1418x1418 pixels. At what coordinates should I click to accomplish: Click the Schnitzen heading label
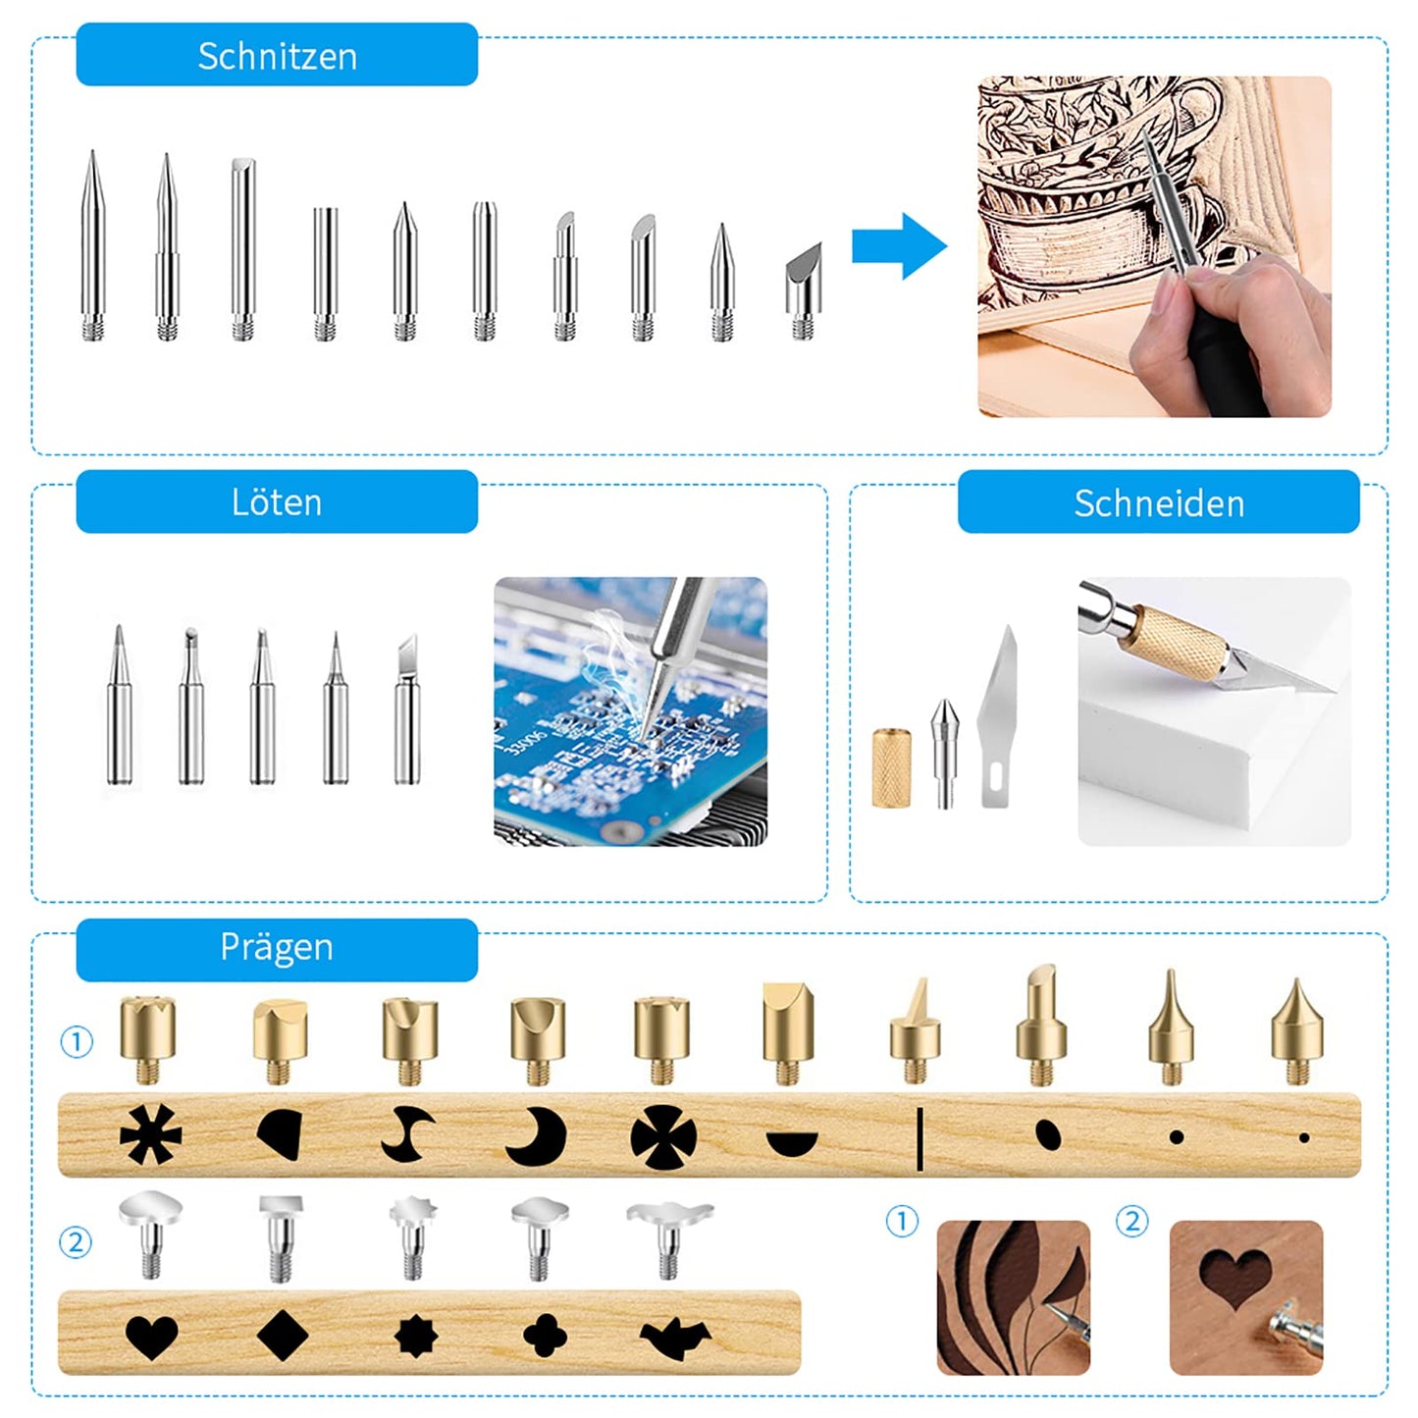[277, 56]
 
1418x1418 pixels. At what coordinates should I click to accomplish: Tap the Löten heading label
[277, 502]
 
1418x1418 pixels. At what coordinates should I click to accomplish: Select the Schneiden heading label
[1158, 502]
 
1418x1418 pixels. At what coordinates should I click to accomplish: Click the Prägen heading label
[277, 948]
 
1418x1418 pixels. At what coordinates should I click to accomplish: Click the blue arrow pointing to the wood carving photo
[898, 246]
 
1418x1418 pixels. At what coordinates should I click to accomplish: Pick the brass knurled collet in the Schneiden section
[891, 768]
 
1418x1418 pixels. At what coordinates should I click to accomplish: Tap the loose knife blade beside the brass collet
[998, 716]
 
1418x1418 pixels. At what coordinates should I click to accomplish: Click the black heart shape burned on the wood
[152, 1337]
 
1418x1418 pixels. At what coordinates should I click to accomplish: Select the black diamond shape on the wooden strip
[283, 1336]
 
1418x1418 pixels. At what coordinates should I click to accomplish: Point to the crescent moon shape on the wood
[538, 1137]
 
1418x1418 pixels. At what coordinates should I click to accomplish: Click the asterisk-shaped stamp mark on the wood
[150, 1135]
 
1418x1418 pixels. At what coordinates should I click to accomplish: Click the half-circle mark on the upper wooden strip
[792, 1143]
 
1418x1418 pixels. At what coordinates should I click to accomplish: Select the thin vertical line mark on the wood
[919, 1138]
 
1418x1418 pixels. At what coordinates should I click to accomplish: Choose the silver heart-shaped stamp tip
[150, 1233]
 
